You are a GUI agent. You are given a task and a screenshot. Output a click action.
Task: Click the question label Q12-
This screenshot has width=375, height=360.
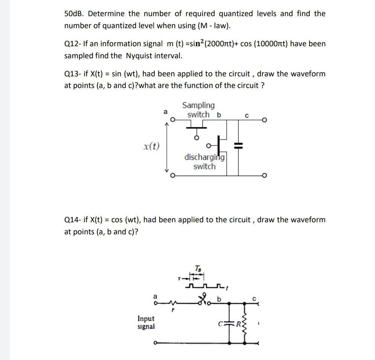point(73,44)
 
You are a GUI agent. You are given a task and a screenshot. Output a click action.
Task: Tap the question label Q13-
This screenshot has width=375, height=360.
point(73,74)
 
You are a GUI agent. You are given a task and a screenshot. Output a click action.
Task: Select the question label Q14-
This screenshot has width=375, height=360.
point(73,220)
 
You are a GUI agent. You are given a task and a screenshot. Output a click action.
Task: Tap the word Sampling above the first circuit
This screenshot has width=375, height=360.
point(198,105)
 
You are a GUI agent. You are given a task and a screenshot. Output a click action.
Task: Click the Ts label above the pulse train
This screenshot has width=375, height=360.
point(199,268)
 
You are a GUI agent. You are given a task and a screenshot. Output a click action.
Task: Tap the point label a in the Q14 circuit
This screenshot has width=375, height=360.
point(155,297)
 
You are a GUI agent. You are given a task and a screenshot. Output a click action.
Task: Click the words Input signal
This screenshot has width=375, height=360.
point(146,322)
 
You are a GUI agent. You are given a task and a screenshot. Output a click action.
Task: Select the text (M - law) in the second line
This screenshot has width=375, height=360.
point(211,26)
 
